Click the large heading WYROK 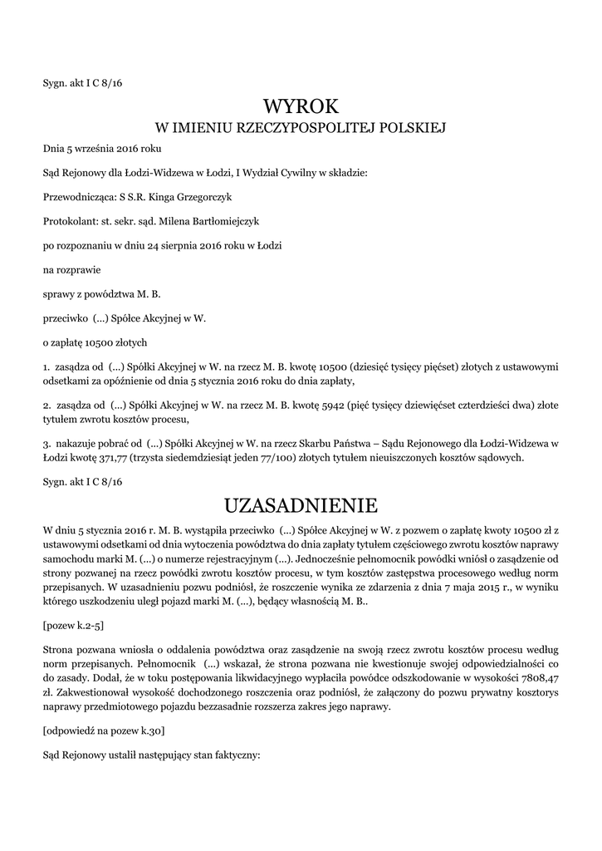pos(301,106)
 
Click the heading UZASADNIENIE pos(301,504)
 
